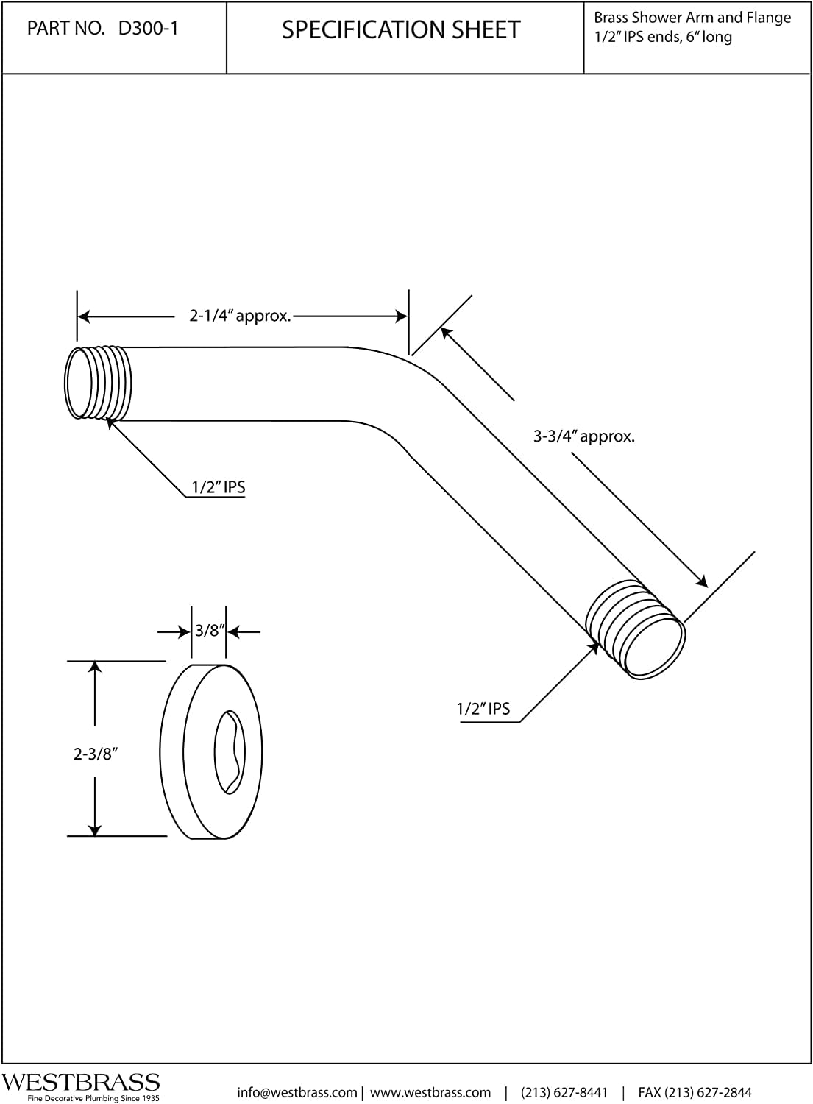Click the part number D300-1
click(148, 29)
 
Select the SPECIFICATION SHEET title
click(401, 30)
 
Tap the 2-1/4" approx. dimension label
click(241, 316)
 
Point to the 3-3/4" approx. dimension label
click(584, 436)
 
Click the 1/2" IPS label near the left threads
click(219, 487)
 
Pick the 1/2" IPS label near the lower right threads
click(483, 710)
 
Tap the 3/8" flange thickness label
click(210, 630)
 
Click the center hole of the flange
click(229, 753)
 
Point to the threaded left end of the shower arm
click(98, 383)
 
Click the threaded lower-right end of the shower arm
click(636, 629)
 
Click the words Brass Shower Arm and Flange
click(692, 18)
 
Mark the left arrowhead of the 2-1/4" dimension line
click(85, 316)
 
